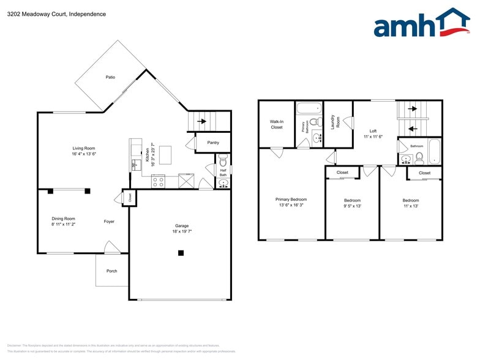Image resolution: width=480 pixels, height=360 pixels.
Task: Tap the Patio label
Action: tap(110, 77)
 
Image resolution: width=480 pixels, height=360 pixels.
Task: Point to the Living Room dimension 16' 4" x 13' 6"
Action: tap(84, 154)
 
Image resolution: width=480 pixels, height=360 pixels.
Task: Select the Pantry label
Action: tap(213, 143)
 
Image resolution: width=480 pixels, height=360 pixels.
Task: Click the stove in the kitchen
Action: tap(158, 181)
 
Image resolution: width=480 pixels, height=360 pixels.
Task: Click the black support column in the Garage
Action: tap(181, 253)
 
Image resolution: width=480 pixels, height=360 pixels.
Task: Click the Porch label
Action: tap(111, 271)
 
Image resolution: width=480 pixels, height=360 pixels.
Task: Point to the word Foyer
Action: tap(109, 222)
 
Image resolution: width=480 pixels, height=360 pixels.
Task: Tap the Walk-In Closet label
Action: tap(276, 124)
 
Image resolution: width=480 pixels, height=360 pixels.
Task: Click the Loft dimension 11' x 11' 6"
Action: tap(373, 137)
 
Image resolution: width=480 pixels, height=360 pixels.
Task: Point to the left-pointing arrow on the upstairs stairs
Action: tap(412, 129)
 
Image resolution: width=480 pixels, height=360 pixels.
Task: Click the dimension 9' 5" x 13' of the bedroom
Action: tap(352, 206)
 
